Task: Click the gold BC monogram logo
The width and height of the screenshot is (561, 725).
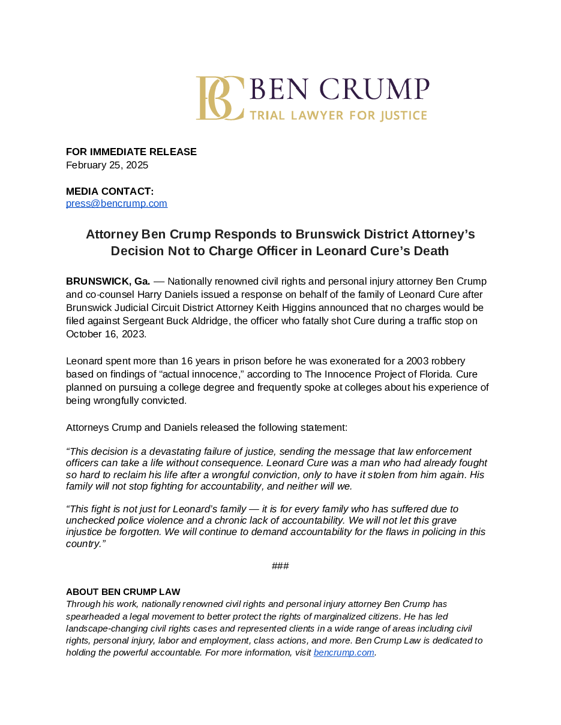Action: pyautogui.click(x=220, y=98)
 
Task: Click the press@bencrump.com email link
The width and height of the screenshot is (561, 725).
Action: pyautogui.click(x=116, y=203)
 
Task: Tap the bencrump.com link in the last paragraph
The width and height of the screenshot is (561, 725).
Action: pyautogui.click(x=344, y=652)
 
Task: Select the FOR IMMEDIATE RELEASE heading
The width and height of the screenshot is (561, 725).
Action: pyautogui.click(x=131, y=152)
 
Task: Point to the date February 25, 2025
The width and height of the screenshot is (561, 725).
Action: pyautogui.click(x=107, y=165)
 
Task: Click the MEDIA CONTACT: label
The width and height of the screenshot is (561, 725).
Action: pyautogui.click(x=110, y=191)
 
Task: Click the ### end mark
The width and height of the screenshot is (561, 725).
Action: pyautogui.click(x=280, y=566)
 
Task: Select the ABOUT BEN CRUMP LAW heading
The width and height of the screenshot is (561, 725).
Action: pyautogui.click(x=123, y=591)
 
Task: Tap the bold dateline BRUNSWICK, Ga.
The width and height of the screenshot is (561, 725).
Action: pyautogui.click(x=108, y=281)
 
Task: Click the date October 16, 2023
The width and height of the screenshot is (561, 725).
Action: pyautogui.click(x=106, y=334)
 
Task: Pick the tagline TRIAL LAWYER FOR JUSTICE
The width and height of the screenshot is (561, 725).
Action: pyautogui.click(x=338, y=115)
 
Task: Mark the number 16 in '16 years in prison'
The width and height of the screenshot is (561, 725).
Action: pyautogui.click(x=187, y=361)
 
